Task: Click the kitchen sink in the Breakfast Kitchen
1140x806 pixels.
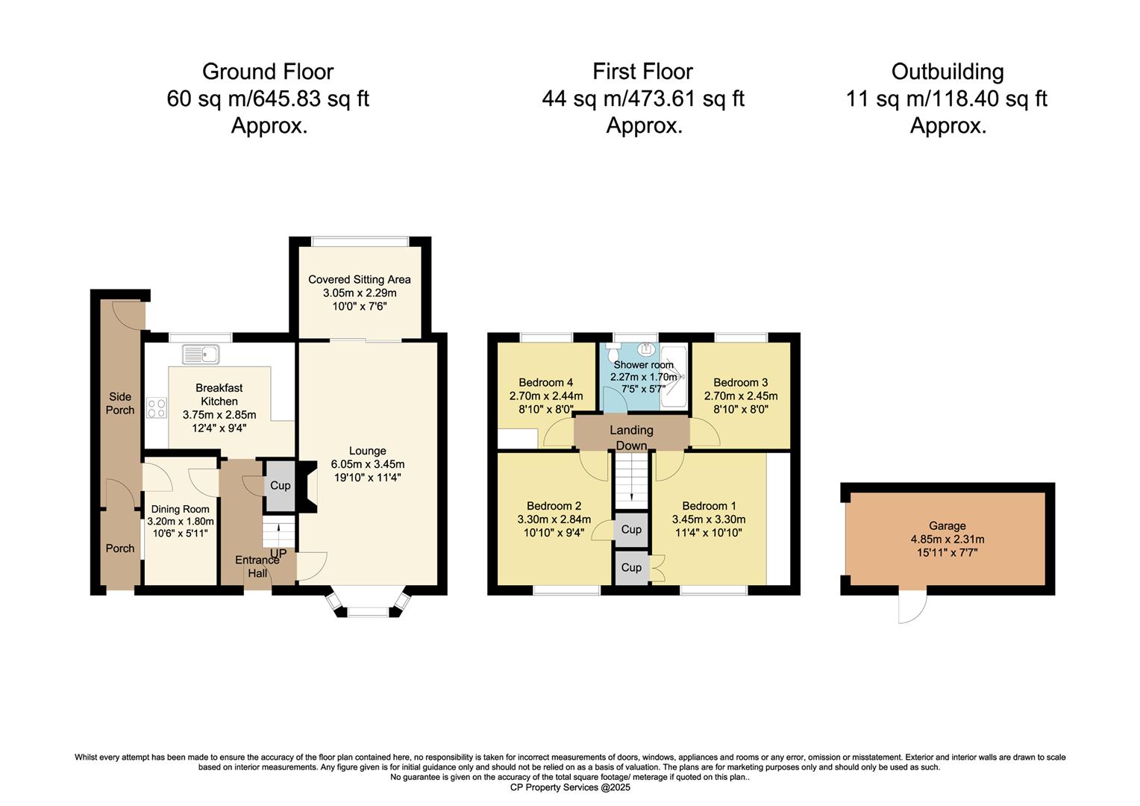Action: tap(201, 354)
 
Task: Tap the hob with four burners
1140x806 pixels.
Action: tap(156, 408)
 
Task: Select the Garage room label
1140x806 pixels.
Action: tap(947, 525)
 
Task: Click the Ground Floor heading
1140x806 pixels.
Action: tap(268, 72)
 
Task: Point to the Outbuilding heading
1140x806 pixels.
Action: tap(947, 72)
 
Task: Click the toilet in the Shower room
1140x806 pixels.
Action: tap(612, 352)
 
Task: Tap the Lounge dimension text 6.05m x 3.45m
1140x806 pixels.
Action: tap(368, 464)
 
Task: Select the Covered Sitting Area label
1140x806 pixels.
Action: tap(360, 280)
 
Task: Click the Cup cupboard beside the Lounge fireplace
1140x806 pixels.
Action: tap(280, 485)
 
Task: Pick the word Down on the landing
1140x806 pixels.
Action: tap(632, 446)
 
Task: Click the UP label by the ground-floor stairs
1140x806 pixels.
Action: tap(278, 553)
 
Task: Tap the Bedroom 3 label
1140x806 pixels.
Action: tap(741, 382)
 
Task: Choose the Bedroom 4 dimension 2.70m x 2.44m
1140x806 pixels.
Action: tap(546, 396)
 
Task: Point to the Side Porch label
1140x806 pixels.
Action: tap(120, 403)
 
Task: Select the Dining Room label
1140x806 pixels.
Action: tap(180, 509)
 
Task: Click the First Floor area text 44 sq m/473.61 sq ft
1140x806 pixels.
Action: tap(643, 99)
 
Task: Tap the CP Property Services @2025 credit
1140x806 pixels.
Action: tap(570, 787)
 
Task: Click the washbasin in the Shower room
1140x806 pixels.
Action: tap(647, 349)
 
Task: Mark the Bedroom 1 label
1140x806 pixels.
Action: tap(709, 506)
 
